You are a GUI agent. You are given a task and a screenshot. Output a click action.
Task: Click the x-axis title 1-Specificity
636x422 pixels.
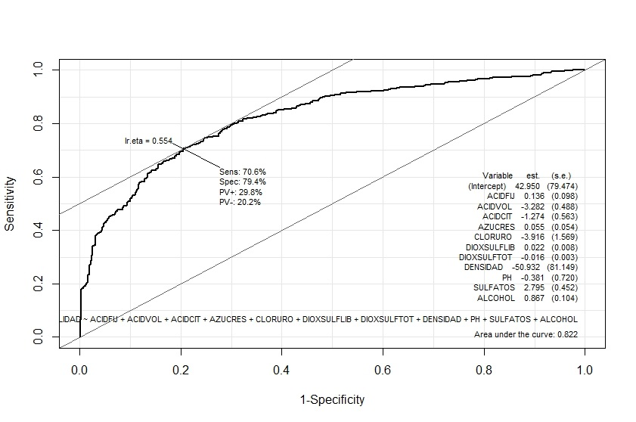332,399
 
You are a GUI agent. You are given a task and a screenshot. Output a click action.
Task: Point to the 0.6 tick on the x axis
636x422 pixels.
383,371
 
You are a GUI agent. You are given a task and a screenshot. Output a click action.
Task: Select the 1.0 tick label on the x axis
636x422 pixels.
585,371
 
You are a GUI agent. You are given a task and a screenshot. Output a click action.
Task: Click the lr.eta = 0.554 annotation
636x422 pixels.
149,141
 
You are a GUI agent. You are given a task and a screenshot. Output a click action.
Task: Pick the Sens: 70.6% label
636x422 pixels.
243,172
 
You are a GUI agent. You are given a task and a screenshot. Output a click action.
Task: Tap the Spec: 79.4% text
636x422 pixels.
243,182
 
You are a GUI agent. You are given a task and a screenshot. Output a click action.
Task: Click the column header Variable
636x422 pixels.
498,175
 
